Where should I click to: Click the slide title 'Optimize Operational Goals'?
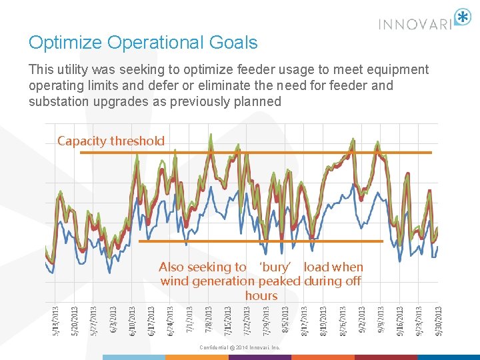[143, 43]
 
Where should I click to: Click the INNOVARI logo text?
[415, 24]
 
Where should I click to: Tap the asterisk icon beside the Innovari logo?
[462, 18]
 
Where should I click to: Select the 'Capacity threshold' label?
[111, 141]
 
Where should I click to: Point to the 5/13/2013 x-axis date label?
[55, 321]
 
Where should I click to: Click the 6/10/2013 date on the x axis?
[132, 321]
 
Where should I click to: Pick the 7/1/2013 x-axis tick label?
[189, 321]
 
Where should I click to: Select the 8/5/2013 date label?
[285, 321]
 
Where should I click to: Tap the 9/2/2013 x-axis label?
[362, 321]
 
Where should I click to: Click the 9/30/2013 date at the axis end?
[439, 321]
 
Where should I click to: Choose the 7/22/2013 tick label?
[247, 321]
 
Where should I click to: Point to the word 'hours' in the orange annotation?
[261, 295]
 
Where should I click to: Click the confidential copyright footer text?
[240, 347]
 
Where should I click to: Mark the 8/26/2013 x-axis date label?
[343, 321]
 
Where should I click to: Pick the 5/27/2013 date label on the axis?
[93, 321]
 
